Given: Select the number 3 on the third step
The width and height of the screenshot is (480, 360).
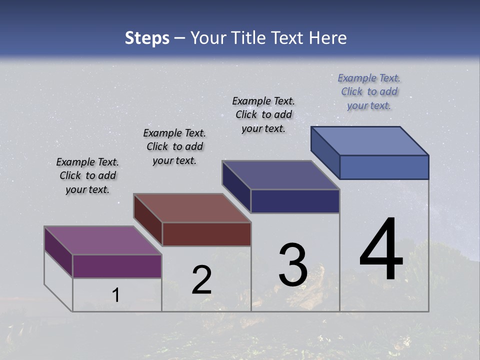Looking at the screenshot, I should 293,265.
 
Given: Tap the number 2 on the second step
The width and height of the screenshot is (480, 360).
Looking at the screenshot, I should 201,280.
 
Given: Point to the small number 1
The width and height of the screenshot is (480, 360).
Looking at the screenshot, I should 116,295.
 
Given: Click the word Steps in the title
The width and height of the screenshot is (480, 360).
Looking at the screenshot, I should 147,38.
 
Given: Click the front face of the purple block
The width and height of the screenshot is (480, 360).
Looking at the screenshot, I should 117,266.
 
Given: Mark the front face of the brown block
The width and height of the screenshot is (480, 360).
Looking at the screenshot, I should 206,234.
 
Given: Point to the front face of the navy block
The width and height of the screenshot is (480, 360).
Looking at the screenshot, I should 295,201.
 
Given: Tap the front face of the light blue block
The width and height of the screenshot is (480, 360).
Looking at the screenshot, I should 384,167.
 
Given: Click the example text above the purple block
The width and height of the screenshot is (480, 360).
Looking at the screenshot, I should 87,175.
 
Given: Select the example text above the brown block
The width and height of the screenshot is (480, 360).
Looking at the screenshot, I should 174,146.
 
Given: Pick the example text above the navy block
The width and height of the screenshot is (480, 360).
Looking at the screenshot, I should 263,114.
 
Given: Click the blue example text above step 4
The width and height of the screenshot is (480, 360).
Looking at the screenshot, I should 369,91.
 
